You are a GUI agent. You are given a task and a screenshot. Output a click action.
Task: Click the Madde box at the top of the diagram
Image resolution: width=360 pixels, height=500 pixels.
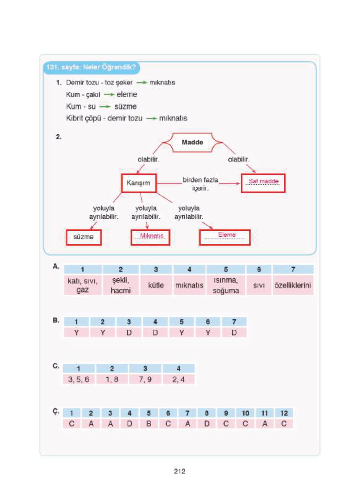(x=192, y=142)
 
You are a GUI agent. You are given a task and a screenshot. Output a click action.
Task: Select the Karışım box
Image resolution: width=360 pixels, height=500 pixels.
(x=138, y=183)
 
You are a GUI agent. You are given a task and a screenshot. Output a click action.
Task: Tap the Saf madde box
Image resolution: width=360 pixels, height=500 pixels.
(x=263, y=183)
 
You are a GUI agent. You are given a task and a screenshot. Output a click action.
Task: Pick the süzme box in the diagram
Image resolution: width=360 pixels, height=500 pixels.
(x=84, y=237)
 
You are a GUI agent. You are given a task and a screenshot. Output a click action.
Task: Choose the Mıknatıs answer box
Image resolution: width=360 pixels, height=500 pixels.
(x=150, y=237)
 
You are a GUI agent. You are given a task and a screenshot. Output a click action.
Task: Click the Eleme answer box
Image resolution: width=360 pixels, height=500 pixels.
(x=225, y=237)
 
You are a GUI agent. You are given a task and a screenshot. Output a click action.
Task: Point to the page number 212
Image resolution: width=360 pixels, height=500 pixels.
(x=180, y=471)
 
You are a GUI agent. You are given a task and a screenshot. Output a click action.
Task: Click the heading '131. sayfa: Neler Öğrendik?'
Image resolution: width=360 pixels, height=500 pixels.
(x=91, y=67)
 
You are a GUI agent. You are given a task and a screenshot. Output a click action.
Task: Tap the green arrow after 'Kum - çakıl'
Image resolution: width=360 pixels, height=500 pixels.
(x=109, y=95)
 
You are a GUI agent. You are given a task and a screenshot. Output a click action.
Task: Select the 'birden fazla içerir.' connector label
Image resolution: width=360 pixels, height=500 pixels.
(x=200, y=184)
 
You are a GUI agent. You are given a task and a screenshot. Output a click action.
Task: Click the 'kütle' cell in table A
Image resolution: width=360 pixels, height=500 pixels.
(x=156, y=285)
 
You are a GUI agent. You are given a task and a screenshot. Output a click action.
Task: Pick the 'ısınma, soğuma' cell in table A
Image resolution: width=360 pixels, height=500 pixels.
(x=226, y=285)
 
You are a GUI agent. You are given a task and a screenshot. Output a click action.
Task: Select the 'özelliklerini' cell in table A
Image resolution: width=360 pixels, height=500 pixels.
(x=293, y=285)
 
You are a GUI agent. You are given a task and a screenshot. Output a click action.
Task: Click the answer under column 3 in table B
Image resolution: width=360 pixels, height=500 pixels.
(x=129, y=333)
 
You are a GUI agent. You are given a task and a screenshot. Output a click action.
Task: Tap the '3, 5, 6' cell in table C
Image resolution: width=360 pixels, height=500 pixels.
(x=79, y=379)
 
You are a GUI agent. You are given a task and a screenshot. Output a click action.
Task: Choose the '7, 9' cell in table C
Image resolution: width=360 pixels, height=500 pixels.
(x=145, y=379)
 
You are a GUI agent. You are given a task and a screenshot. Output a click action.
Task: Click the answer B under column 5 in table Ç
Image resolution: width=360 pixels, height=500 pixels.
(x=149, y=424)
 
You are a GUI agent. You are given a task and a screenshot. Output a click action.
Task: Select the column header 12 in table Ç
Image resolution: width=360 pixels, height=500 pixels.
(x=284, y=413)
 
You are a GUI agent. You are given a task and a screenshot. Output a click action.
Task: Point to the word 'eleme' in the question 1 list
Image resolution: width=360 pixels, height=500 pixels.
(x=127, y=94)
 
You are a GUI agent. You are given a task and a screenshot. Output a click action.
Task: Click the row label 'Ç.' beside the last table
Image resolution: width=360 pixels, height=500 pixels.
(x=56, y=412)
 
